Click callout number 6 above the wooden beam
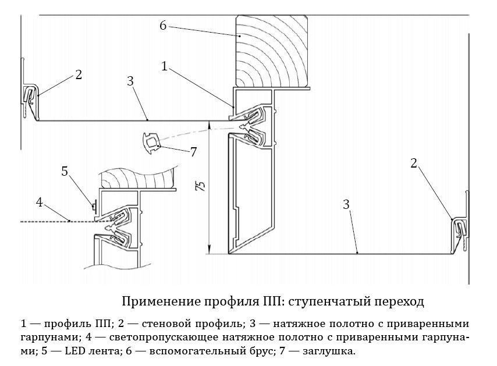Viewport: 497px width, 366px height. [x=162, y=26]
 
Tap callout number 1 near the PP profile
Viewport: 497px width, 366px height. [x=164, y=66]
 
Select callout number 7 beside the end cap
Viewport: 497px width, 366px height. [x=193, y=152]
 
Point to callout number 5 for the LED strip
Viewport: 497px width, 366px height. [x=65, y=172]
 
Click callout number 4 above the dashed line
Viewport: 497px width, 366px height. [x=40, y=202]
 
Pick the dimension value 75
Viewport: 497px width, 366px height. [x=201, y=186]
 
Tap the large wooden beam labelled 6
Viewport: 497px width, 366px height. [x=272, y=52]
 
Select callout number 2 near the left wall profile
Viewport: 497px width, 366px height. [x=79, y=75]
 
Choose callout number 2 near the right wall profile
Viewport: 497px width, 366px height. [x=414, y=164]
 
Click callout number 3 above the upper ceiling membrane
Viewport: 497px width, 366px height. [x=130, y=81]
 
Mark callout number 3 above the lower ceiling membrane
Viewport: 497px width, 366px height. [x=346, y=204]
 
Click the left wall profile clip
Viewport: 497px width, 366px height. [x=31, y=95]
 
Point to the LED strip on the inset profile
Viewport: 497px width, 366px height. [x=94, y=207]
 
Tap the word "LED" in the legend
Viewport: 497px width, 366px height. [x=74, y=351]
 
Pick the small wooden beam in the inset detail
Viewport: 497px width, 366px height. [x=137, y=179]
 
